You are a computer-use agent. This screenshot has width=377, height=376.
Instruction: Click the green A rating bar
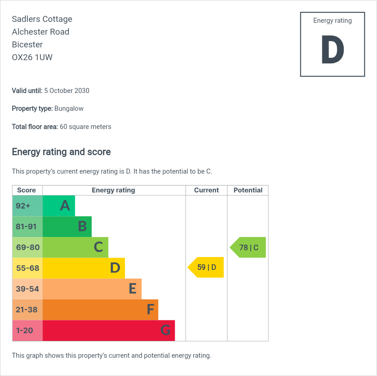pos(59,206)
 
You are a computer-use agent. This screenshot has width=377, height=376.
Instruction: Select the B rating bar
pos(67,227)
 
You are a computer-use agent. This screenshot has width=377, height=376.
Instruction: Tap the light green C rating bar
pos(75,247)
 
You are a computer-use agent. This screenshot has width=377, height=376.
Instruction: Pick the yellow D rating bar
pos(83,268)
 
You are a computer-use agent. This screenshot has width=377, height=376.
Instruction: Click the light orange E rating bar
pos(92,289)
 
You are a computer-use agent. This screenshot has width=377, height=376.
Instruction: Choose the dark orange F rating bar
pos(100,309)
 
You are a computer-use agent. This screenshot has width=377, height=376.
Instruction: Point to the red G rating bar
pos(108,330)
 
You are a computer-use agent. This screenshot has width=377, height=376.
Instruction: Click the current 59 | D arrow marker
pos(206,267)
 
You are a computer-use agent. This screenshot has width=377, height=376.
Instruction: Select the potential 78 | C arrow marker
pos(248,247)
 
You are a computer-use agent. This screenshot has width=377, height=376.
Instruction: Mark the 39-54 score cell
pos(27,289)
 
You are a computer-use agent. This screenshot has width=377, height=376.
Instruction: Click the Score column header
pos(26,190)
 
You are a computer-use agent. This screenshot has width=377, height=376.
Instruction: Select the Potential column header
pos(248,190)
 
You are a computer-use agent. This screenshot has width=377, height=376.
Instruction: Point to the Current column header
pos(207,190)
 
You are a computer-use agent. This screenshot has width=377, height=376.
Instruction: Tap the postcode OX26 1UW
pos(32,57)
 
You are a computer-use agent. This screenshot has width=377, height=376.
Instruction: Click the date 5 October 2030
pos(67,91)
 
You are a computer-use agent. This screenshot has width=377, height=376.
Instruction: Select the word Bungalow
pos(69,109)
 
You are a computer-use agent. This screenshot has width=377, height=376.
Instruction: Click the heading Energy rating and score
pos(61,152)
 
